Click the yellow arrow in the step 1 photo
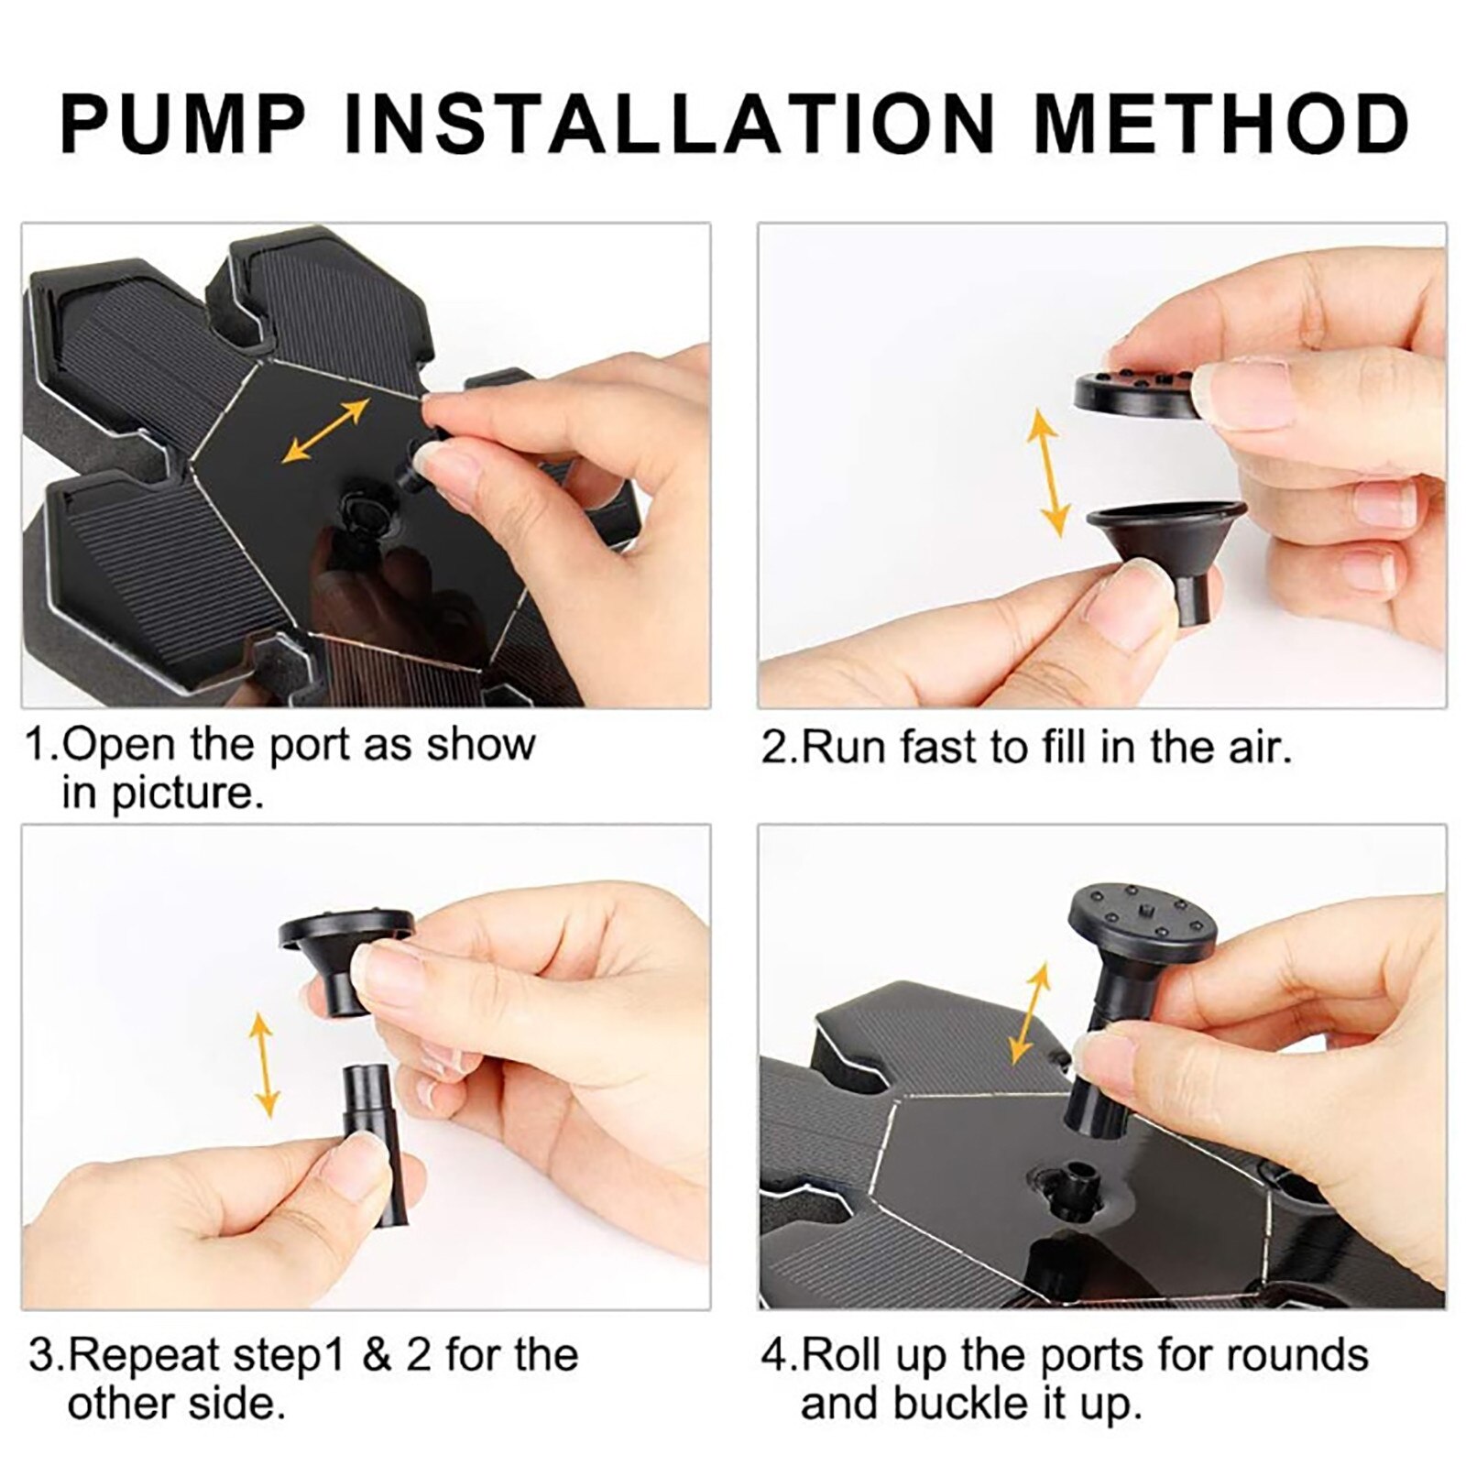[326, 430]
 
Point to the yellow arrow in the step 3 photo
[264, 1064]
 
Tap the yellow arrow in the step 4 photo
[1029, 1012]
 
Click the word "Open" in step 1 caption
[120, 745]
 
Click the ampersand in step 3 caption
[377, 1355]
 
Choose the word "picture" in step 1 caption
[188, 793]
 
